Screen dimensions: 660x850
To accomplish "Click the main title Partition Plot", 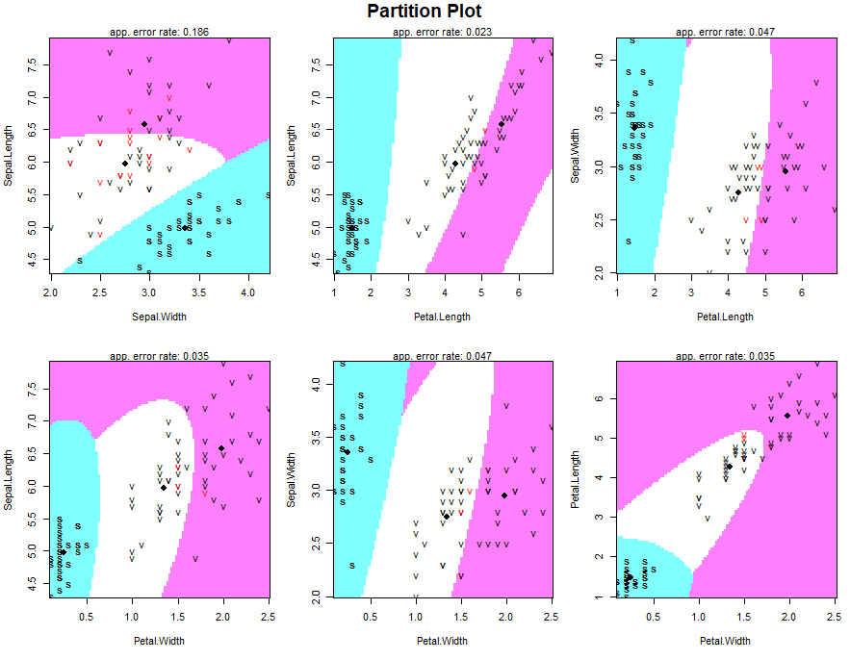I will [425, 12].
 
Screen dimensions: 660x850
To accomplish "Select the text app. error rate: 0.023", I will [443, 33].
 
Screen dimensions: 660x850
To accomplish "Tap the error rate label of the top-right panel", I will [726, 33].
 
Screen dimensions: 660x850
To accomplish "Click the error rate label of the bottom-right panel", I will [726, 356].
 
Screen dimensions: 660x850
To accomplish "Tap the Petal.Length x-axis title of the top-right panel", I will [726, 316].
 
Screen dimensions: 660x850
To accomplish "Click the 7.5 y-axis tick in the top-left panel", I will [34, 66].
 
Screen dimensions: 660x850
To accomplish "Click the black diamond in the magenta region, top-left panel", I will [144, 124].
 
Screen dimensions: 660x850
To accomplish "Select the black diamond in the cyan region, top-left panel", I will [185, 228].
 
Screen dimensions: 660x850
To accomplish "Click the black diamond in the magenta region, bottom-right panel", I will [787, 416].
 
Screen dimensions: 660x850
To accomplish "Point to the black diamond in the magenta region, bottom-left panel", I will [221, 448].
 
